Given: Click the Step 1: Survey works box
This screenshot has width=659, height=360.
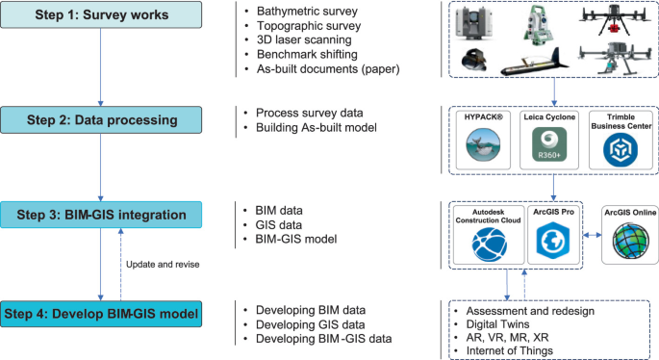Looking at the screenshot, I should pyautogui.click(x=101, y=15).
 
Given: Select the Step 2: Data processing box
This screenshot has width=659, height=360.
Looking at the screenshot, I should pyautogui.click(x=101, y=119).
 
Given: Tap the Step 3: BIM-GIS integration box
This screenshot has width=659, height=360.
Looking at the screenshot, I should pyautogui.click(x=101, y=213).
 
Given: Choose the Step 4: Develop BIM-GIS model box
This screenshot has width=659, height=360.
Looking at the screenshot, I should pyautogui.click(x=101, y=313).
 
